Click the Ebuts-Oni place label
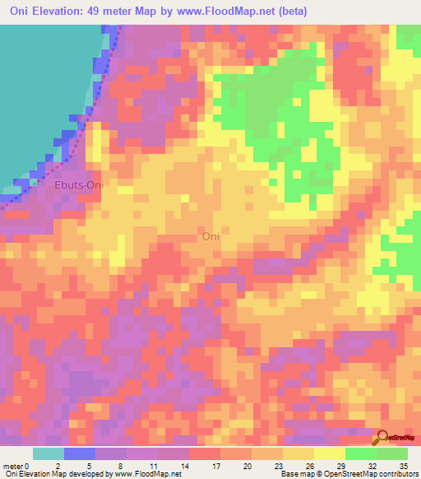tap(78, 186)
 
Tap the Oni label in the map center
tap(211, 236)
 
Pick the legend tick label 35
tap(403, 465)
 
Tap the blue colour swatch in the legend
tap(79, 453)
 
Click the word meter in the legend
tap(13, 465)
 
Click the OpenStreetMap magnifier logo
tap(383, 439)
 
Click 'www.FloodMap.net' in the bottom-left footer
tap(148, 474)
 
